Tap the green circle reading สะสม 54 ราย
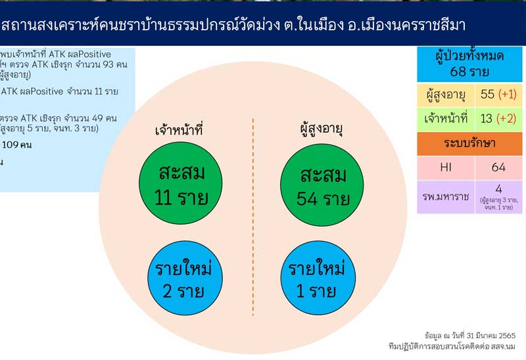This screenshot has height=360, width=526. coord(322,185)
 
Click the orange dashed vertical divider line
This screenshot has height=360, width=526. coord(253,217)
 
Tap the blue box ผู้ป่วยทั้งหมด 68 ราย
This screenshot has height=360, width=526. coord(469,64)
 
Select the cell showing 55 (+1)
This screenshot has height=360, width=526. coord(499,95)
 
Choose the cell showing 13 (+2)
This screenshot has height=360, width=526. coord(499,119)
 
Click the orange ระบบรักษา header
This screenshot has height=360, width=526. coord(469,143)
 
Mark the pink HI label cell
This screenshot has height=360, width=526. coord(446,168)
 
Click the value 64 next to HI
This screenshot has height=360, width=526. coord(498,168)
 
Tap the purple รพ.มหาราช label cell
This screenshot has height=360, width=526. coord(446,196)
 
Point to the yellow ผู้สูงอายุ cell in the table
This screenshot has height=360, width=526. coord(446,95)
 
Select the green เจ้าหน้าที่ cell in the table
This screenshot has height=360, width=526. coord(446,119)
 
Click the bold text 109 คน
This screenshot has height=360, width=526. coord(20,145)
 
